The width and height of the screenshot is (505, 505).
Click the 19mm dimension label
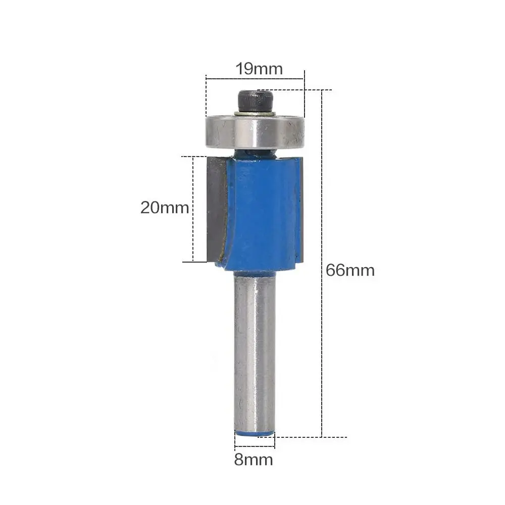pyautogui.click(x=259, y=69)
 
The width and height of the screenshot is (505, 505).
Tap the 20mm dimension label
pyautogui.click(x=165, y=208)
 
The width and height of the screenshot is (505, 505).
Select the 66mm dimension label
pyautogui.click(x=350, y=270)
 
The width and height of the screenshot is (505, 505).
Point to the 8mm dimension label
pyautogui.click(x=254, y=460)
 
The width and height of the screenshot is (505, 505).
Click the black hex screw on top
pyautogui.click(x=256, y=101)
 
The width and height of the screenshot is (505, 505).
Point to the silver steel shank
pyautogui.click(x=255, y=351)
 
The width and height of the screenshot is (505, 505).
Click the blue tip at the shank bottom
pyautogui.click(x=255, y=434)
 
